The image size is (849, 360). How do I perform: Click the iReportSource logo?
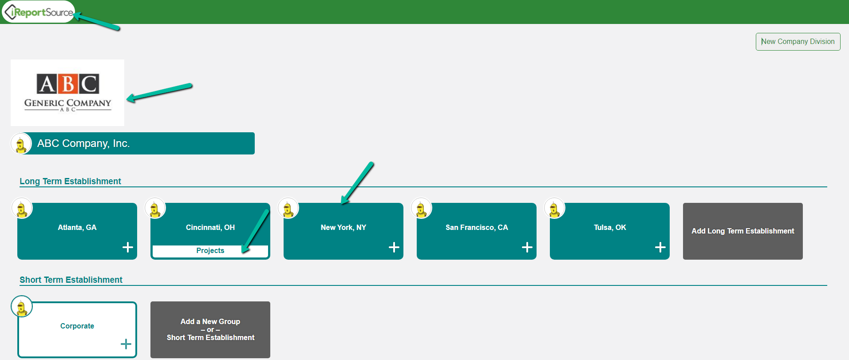tap(38, 12)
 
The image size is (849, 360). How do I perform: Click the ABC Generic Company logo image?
tap(67, 93)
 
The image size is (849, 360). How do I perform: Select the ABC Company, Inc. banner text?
tap(83, 143)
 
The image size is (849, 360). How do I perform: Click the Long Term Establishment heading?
tap(70, 181)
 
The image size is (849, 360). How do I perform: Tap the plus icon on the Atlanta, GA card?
tap(128, 247)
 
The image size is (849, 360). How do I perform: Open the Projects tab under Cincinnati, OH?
tap(210, 251)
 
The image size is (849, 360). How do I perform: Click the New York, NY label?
tap(344, 227)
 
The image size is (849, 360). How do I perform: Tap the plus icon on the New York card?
tap(394, 247)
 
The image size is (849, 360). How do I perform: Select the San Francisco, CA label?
tap(477, 227)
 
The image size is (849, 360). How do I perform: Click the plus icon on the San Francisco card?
tap(527, 247)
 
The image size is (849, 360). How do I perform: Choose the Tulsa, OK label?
tap(610, 227)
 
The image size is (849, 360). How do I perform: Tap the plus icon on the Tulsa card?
tap(660, 247)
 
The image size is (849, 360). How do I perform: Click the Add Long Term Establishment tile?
tap(743, 231)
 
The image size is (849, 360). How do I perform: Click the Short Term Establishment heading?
tap(71, 280)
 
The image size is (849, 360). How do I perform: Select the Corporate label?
tap(77, 326)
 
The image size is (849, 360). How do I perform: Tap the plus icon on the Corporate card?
tap(126, 344)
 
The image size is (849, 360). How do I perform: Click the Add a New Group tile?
tap(210, 330)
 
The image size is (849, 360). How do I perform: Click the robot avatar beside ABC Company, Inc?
tap(21, 144)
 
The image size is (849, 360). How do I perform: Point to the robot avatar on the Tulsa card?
tap(554, 208)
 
